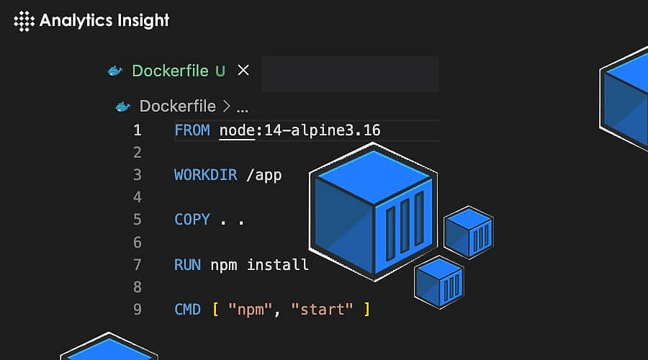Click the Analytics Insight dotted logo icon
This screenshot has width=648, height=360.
click(x=24, y=21)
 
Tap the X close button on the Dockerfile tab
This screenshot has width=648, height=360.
click(x=243, y=70)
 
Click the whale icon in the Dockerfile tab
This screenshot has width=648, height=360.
click(x=115, y=71)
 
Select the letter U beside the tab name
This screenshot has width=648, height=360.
click(x=220, y=71)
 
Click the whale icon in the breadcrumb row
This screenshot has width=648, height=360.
click(x=123, y=107)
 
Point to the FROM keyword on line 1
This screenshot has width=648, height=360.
click(x=192, y=130)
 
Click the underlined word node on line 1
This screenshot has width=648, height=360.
click(x=237, y=130)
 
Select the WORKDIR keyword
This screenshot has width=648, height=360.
click(x=205, y=175)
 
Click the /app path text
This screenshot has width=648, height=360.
click(x=264, y=175)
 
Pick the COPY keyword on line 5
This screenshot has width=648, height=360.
click(x=192, y=220)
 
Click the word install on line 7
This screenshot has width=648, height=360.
click(x=278, y=264)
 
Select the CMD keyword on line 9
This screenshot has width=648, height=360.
click(x=187, y=309)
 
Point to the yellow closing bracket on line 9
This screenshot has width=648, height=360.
click(x=366, y=309)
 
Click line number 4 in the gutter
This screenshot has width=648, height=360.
click(x=137, y=197)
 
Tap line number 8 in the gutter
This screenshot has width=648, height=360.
click(x=137, y=287)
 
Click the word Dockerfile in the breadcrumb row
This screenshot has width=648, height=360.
click(x=177, y=107)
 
